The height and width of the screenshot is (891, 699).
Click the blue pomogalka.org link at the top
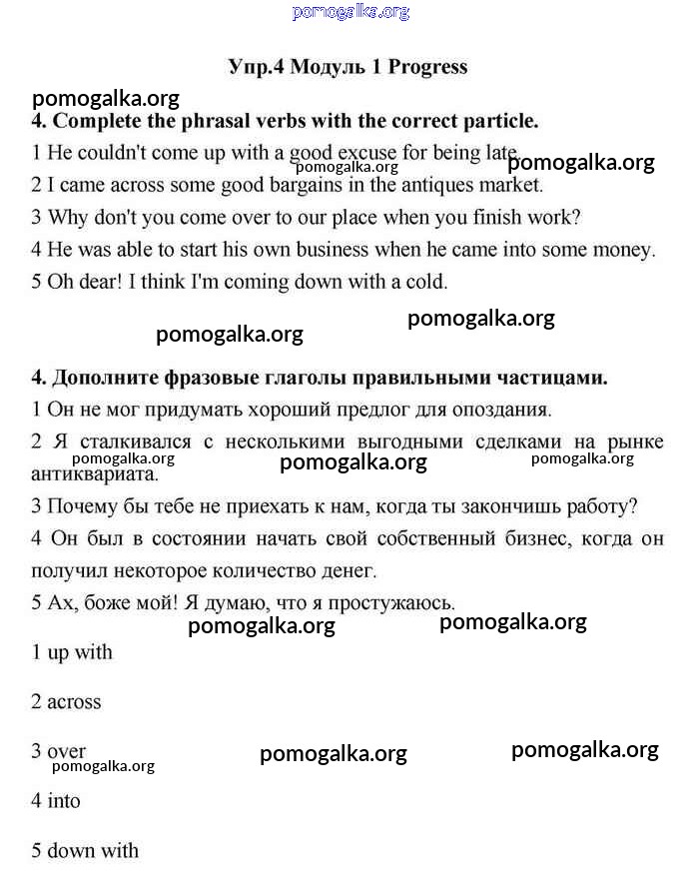[x=350, y=12]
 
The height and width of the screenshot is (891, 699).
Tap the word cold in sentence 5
[x=425, y=282]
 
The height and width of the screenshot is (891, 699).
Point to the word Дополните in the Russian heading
[x=109, y=378]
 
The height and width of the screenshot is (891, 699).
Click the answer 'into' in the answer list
[x=64, y=801]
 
